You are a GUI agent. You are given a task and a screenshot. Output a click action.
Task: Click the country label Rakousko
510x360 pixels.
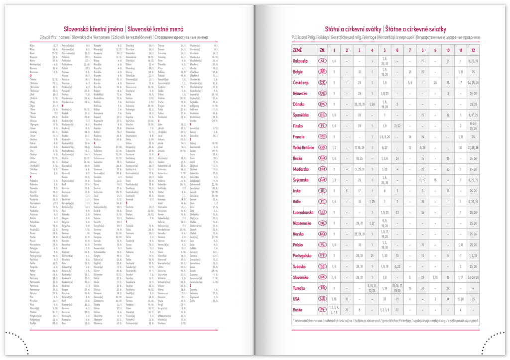coord(302,61)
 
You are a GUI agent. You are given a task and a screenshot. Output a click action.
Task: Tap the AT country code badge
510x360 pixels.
coord(322,61)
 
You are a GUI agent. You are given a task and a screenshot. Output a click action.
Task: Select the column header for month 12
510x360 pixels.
coord(473,50)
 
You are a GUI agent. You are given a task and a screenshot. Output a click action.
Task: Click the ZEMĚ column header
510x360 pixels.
coord(297,50)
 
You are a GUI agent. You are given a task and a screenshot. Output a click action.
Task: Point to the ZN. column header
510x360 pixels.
coord(322,50)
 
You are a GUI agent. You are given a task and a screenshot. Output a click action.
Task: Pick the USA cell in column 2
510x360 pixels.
coord(347,299)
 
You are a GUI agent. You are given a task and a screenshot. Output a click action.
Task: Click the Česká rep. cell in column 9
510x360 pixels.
coord(435,82)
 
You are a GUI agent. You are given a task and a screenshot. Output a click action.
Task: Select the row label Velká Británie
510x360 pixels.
coord(304,147)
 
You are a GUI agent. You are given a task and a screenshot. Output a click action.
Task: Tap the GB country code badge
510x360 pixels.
coord(322,147)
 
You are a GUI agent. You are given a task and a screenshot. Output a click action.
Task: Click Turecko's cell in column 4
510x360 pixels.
coord(372,288)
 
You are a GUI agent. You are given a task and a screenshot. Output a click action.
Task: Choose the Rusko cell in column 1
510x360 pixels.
coord(334,310)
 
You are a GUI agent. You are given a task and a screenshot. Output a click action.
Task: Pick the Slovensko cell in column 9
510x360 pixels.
coord(435,277)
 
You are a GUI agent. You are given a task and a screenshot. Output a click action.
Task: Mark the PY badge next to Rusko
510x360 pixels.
coord(322,310)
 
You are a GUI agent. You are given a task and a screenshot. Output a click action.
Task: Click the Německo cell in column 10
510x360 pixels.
coord(448,93)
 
